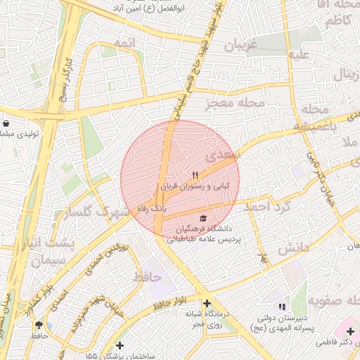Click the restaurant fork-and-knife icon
(x=195, y=175)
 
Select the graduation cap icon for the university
(x=203, y=218)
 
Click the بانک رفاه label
(x=151, y=208)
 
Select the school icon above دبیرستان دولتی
(x=282, y=307)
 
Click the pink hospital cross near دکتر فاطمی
(x=350, y=330)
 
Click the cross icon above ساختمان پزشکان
(x=120, y=345)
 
